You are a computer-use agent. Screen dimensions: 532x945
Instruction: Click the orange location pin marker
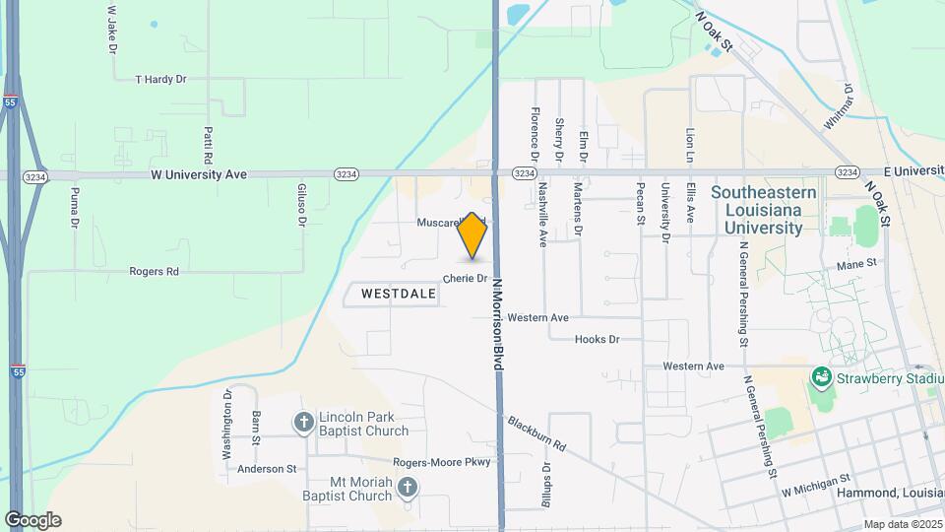473,236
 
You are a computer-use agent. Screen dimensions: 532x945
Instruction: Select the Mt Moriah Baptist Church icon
407,487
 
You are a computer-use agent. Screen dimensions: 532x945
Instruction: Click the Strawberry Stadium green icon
820,377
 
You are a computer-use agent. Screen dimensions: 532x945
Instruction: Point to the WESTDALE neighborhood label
398,294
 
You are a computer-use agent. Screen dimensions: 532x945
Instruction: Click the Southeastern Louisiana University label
756,210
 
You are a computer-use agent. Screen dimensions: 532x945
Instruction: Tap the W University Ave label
198,174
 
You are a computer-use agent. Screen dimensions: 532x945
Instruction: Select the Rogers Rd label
154,271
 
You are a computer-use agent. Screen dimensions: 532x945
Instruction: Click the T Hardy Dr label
160,78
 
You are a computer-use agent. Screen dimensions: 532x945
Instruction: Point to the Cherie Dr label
466,279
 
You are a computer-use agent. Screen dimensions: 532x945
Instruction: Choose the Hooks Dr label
597,339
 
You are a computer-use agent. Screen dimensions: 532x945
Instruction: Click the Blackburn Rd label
537,433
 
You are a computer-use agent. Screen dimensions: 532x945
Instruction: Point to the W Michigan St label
813,491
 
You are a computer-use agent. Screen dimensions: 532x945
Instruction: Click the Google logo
32,520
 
